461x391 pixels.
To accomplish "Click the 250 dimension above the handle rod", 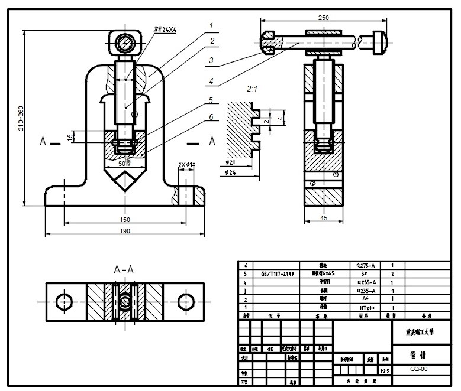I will [x=323, y=18].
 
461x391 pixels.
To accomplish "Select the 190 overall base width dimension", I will [x=125, y=231].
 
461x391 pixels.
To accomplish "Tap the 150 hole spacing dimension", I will [x=125, y=219].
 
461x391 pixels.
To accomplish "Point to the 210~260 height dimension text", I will [x=21, y=118].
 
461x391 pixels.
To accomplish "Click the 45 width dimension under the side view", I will [x=323, y=217].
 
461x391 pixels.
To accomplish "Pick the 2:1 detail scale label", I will [x=252, y=89].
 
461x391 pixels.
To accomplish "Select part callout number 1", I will [x=209, y=25].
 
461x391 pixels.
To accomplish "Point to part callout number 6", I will [x=210, y=118].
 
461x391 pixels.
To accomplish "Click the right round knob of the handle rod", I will [x=380, y=41].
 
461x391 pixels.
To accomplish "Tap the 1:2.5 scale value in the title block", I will [x=385, y=371].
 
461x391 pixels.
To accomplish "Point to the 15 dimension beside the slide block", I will [x=70, y=137].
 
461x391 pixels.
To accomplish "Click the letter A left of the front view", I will [x=43, y=141].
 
